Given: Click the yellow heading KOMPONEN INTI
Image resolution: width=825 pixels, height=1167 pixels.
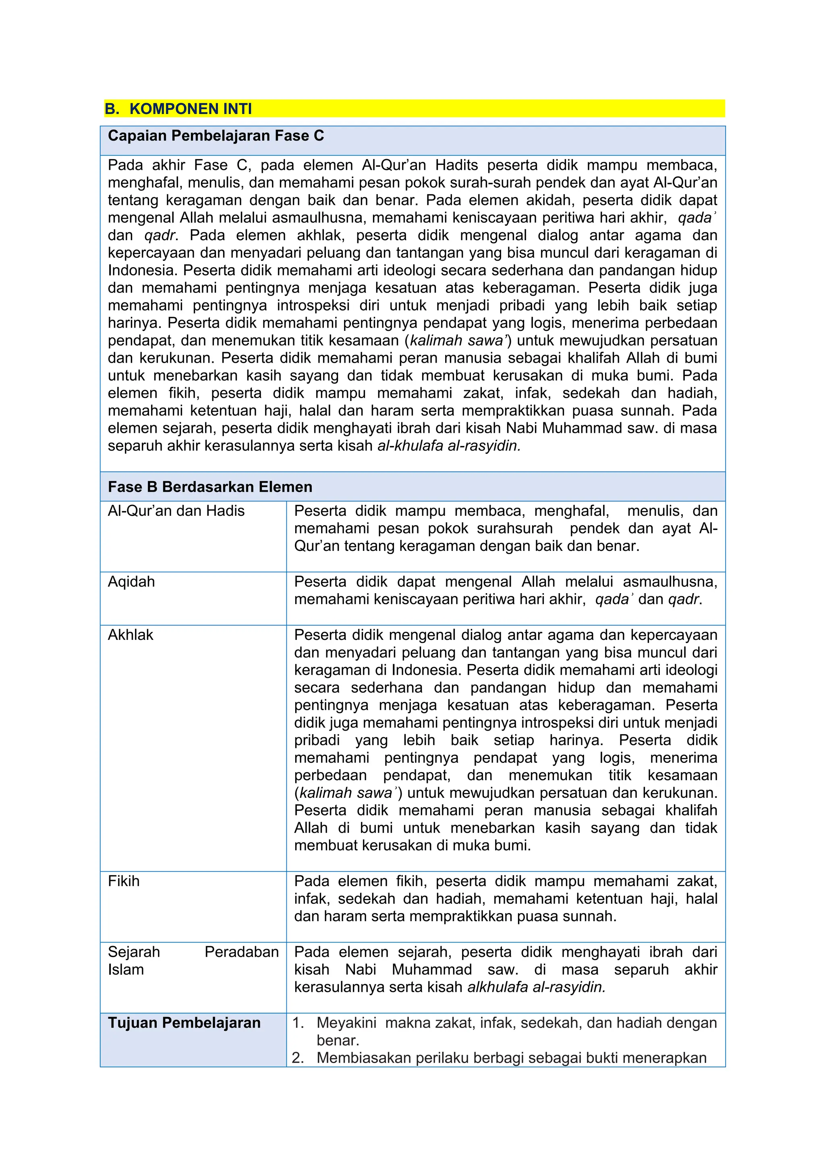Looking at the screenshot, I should (191, 109).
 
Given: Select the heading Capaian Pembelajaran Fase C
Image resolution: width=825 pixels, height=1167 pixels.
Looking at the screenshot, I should (216, 136).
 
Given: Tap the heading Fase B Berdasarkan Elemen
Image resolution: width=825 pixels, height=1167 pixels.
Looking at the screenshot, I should (210, 487).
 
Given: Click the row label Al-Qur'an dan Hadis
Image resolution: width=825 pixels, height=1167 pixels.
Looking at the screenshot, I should (176, 511).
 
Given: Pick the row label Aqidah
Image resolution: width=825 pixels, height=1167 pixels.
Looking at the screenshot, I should (131, 581).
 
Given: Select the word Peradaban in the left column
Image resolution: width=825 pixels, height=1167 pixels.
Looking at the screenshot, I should (242, 952).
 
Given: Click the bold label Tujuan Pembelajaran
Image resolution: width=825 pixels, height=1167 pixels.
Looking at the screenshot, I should (184, 1023).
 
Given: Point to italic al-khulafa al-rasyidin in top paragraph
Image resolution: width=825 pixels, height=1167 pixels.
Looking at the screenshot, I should (449, 446).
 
